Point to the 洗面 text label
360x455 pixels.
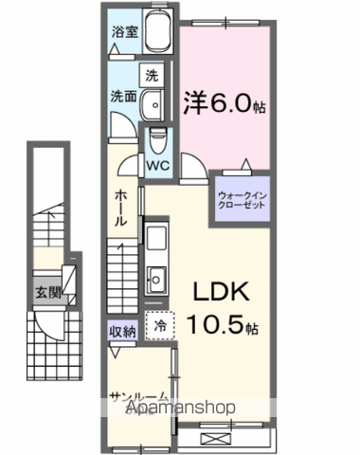click(122, 96)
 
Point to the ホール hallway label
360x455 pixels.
click(121, 208)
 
